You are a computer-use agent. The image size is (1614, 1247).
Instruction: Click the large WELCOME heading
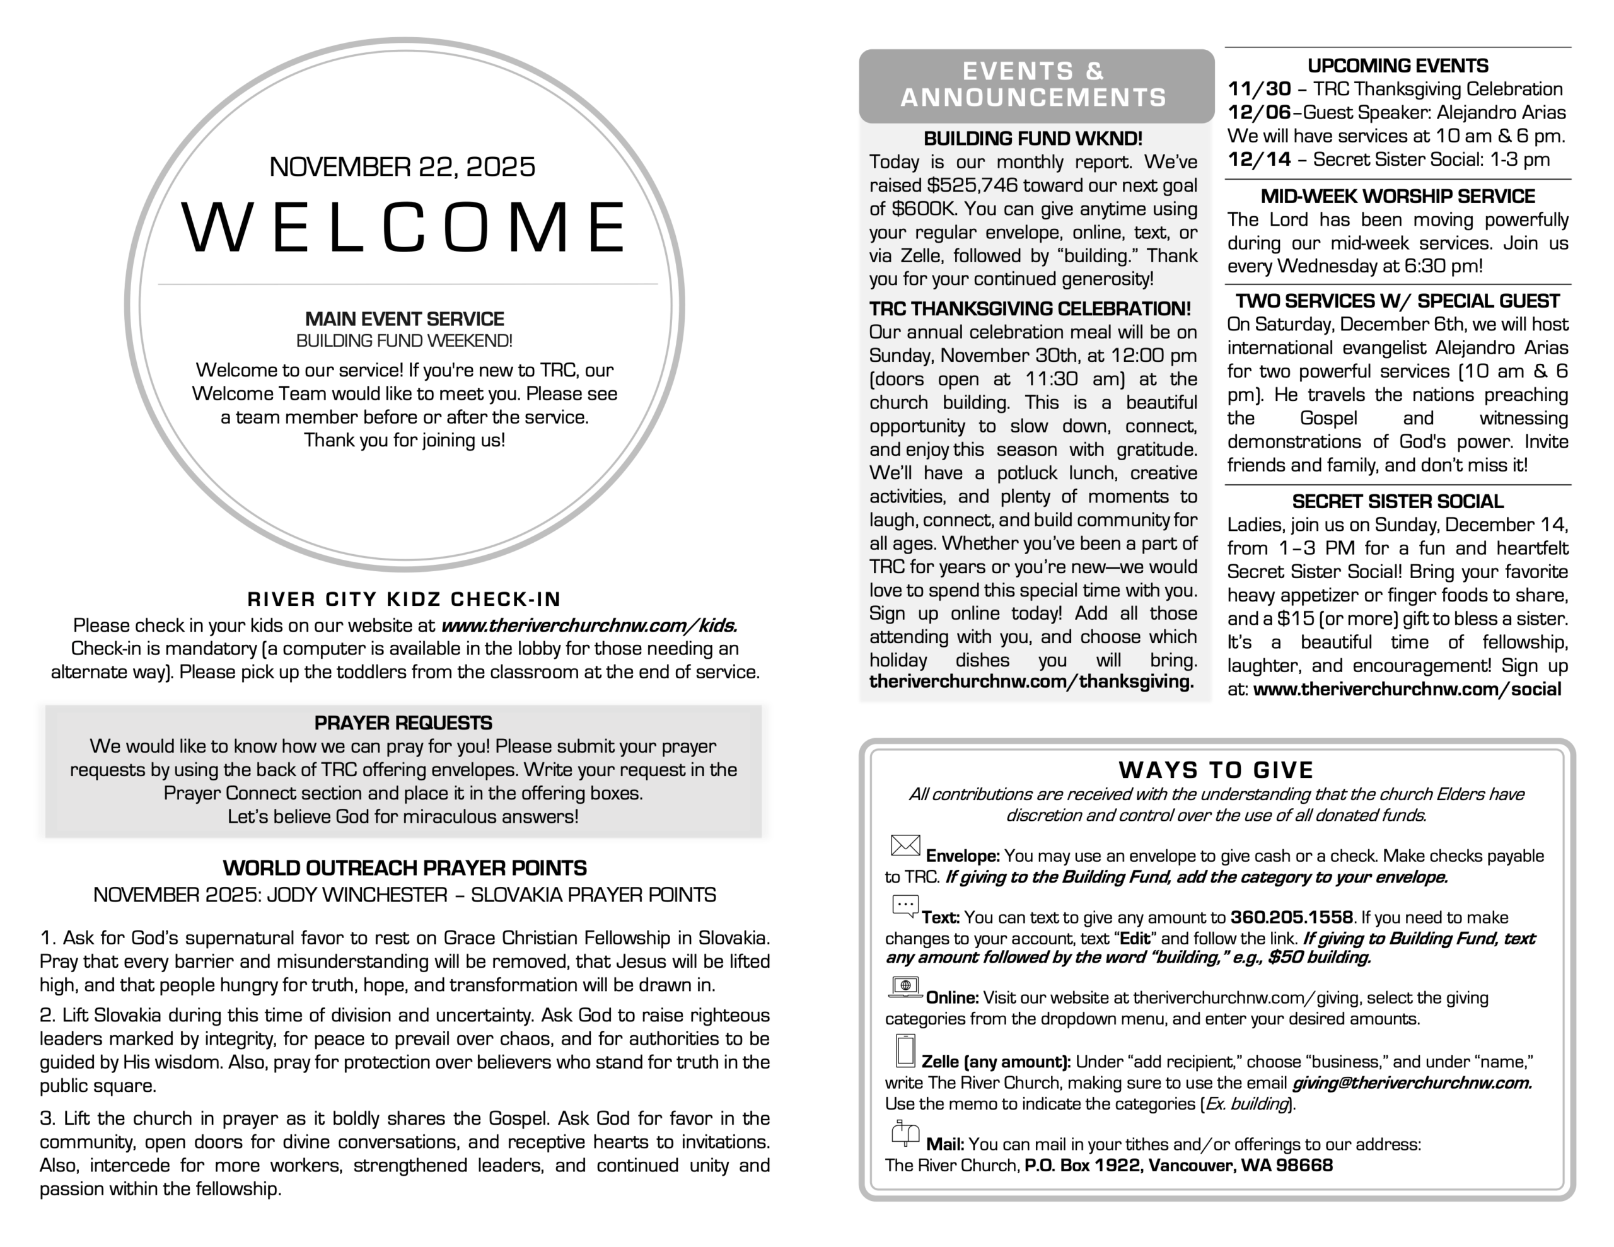point(403,227)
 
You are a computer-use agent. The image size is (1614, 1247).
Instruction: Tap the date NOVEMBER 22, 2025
point(402,166)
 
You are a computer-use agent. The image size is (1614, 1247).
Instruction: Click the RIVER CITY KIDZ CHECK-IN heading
point(403,599)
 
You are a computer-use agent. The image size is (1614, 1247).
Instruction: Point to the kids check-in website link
point(589,625)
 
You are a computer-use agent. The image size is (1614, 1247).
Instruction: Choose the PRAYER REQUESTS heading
point(403,722)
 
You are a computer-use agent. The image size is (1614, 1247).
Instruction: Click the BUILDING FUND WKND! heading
point(1033,138)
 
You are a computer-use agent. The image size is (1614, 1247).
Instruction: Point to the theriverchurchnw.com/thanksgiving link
point(1031,681)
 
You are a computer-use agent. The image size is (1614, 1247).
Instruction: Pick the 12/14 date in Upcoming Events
point(1258,159)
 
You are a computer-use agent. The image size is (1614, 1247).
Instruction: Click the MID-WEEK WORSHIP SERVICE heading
point(1396,196)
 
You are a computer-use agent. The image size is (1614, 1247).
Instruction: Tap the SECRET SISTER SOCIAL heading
point(1396,501)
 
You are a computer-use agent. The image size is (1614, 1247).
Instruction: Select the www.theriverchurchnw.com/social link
point(1407,689)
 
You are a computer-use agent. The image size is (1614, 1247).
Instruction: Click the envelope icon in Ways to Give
point(905,845)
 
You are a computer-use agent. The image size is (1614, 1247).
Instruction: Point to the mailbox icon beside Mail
point(905,1133)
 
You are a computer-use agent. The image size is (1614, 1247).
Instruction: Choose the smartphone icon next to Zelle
point(905,1050)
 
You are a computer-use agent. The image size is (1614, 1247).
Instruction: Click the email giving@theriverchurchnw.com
point(1411,1083)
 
